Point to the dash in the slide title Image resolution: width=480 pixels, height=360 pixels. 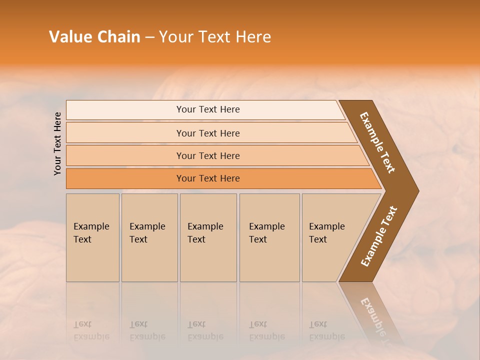[149, 37]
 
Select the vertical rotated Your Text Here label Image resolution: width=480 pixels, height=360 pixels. [57, 143]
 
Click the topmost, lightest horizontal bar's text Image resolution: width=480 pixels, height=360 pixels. [208, 109]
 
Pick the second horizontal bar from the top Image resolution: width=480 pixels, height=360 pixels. [208, 133]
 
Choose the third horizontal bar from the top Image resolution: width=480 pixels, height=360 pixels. [208, 155]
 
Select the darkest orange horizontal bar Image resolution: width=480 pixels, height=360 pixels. [208, 178]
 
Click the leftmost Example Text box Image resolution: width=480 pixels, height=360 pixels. [91, 233]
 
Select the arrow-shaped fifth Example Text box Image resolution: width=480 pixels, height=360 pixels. [327, 233]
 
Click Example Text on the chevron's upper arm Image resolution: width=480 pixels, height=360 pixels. [377, 142]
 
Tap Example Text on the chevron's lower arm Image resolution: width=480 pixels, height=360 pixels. [379, 236]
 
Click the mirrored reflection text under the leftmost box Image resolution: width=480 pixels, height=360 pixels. [91, 330]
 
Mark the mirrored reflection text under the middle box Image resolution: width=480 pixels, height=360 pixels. [205, 330]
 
